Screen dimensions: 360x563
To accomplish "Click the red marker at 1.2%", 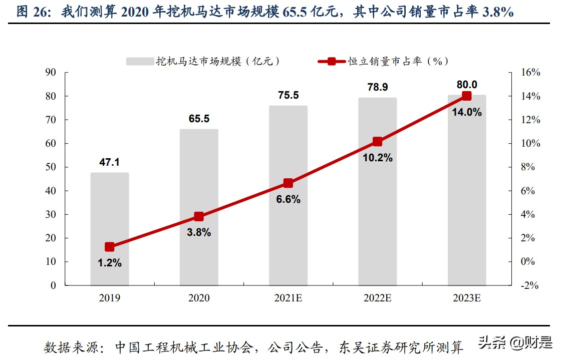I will pos(110,247).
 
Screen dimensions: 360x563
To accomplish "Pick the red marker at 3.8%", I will pos(199,217).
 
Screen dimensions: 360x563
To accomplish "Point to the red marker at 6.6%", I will pos(288,183).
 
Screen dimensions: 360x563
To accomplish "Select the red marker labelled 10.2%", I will pos(377,142).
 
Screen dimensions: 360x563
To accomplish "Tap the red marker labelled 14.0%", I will pos(466,96).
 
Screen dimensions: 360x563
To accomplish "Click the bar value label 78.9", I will pos(377,87).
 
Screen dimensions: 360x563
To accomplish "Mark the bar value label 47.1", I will pos(110,162).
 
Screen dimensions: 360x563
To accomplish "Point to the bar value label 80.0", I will pos(466,84).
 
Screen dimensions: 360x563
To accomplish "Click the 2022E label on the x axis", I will pos(377,298).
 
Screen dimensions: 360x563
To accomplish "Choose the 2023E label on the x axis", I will pos(466,298).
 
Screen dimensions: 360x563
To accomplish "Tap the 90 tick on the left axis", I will pos(51,73).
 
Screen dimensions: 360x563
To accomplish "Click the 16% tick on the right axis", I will pos(530,73).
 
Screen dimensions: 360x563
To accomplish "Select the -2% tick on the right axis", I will pos(529,286).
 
